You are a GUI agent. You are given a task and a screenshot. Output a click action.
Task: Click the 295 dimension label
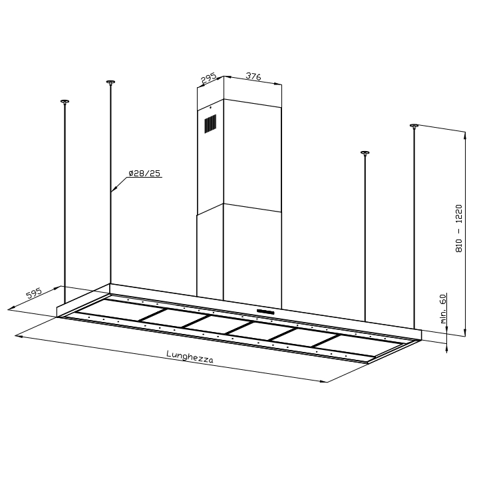tap(208, 78)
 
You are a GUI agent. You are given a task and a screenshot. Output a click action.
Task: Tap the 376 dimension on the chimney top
tap(253, 76)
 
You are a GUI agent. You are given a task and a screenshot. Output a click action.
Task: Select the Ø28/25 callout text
tap(144, 174)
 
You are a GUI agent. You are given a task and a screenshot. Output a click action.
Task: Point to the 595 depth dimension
tap(34, 293)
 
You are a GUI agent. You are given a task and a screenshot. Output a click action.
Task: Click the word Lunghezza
tap(190, 357)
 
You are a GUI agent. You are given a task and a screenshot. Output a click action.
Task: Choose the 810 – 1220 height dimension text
tap(459, 228)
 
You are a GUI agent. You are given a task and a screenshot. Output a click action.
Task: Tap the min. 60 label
tap(443, 308)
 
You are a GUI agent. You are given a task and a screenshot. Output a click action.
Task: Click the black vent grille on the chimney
tap(210, 124)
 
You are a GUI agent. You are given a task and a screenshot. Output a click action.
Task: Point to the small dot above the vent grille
tap(210, 107)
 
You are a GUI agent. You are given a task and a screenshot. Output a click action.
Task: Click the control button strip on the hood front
tap(265, 311)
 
